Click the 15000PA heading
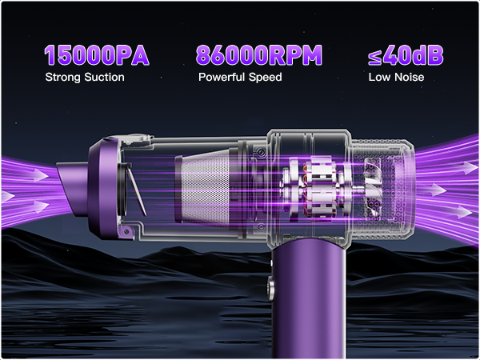[x=97, y=55]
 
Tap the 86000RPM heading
[x=259, y=55]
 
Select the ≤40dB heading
[x=406, y=55]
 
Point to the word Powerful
[x=222, y=77]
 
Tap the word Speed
[x=265, y=77]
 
